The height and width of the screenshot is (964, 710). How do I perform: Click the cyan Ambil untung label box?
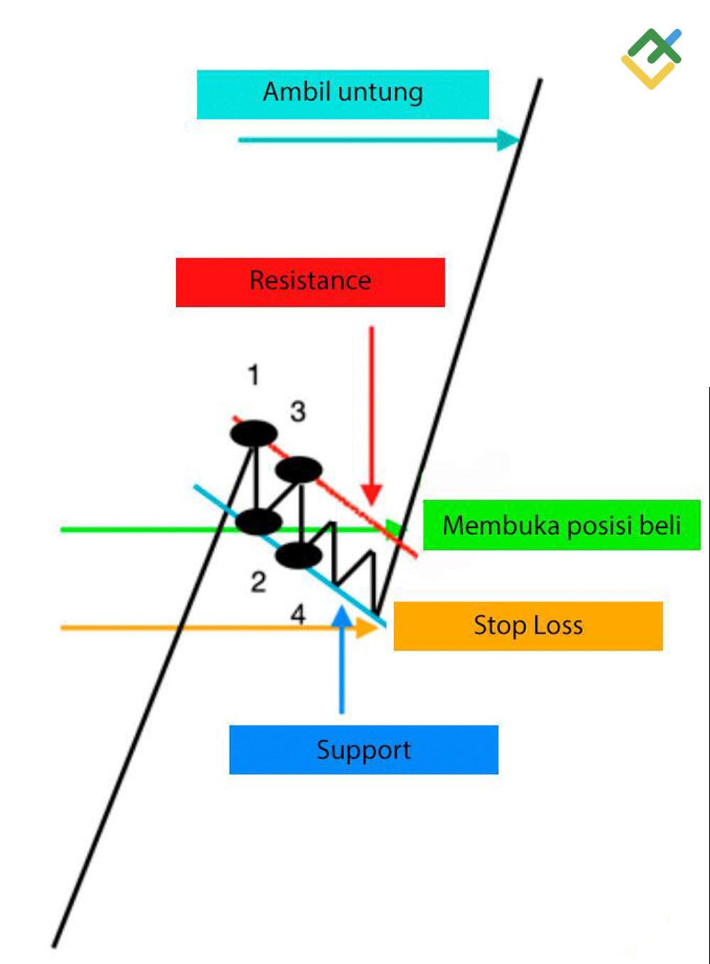(x=343, y=94)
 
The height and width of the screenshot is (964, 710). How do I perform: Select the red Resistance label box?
(x=310, y=282)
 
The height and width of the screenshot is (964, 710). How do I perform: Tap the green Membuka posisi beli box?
(x=562, y=525)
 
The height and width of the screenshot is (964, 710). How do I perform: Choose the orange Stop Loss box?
(x=528, y=626)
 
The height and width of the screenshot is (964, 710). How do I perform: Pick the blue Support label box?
(x=364, y=749)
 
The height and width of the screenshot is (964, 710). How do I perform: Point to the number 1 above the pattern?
(x=253, y=374)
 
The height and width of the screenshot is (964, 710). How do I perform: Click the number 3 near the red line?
(x=298, y=411)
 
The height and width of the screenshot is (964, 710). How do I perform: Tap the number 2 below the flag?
(x=258, y=583)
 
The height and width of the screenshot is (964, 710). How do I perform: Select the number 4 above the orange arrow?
(x=299, y=614)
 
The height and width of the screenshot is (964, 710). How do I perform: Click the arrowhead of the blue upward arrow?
(x=342, y=615)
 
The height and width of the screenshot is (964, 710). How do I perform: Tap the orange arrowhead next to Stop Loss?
(x=367, y=627)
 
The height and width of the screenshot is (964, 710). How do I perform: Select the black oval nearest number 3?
(x=299, y=470)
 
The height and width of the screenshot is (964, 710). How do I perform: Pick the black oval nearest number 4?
(x=298, y=556)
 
